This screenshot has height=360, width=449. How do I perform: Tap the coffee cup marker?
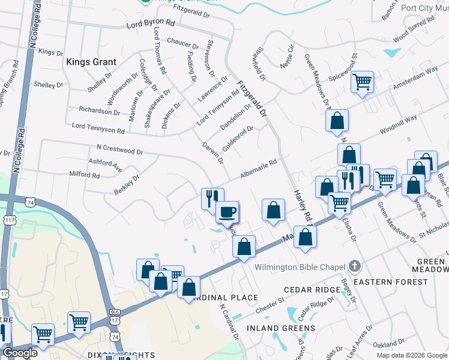click(228, 212)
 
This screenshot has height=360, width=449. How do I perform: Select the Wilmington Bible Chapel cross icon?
click(355, 266)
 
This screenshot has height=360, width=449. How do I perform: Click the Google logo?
click(20, 353)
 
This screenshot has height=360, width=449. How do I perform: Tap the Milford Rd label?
click(85, 175)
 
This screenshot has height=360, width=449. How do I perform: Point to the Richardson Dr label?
click(100, 111)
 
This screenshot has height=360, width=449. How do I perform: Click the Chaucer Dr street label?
click(183, 44)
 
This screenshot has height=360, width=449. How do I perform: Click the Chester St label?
click(269, 304)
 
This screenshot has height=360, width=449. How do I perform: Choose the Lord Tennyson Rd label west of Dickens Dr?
click(98, 127)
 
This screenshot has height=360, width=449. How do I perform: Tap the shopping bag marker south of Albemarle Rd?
click(273, 211)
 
